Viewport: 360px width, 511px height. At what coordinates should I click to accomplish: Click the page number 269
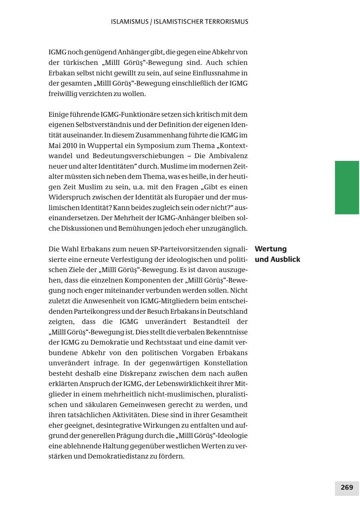tap(347, 487)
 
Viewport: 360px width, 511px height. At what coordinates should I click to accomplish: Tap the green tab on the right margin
tap(347, 187)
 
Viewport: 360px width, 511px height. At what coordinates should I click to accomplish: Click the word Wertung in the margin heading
tap(271, 249)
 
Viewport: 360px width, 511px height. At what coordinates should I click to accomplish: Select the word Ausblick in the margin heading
tap(285, 259)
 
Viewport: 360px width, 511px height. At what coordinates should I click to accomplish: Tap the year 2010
tap(72, 146)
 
